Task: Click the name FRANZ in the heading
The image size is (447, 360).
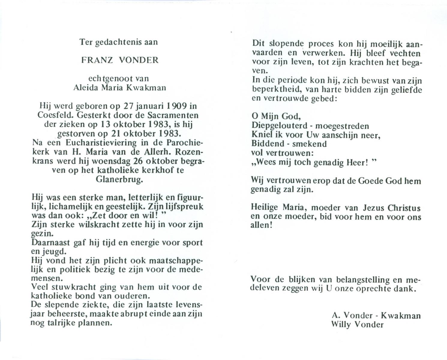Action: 97,60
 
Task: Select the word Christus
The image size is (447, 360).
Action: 404,208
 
